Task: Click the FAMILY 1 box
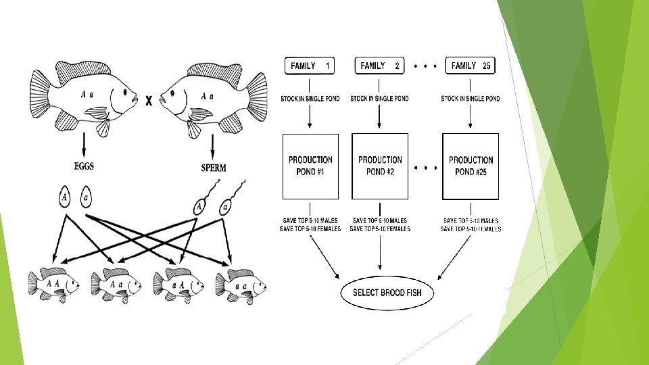tap(310, 66)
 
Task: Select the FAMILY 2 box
tap(379, 66)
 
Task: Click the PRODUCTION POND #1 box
tap(310, 166)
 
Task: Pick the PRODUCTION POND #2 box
tap(380, 166)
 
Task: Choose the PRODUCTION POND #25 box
tap(471, 166)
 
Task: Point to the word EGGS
tap(84, 166)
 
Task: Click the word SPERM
tap(213, 166)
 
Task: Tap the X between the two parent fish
tap(149, 100)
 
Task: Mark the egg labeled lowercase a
tap(86, 198)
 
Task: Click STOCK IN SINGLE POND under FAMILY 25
tap(471, 99)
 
